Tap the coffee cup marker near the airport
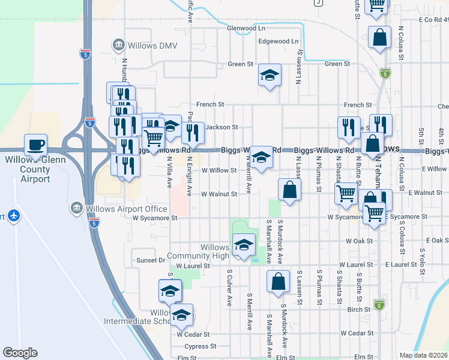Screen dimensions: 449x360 click(x=35, y=145)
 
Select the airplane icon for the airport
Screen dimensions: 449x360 click(x=14, y=215)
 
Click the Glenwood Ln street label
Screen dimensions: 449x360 click(x=246, y=28)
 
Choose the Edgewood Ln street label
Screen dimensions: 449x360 click(x=277, y=41)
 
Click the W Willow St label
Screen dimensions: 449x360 click(x=218, y=170)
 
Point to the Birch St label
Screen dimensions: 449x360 click(x=359, y=310)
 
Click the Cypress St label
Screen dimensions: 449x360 click(x=200, y=346)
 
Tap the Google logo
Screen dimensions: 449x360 click(x=20, y=353)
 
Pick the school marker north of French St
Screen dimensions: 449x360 click(x=270, y=75)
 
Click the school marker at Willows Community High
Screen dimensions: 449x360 click(x=244, y=245)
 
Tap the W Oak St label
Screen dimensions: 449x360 click(x=360, y=241)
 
